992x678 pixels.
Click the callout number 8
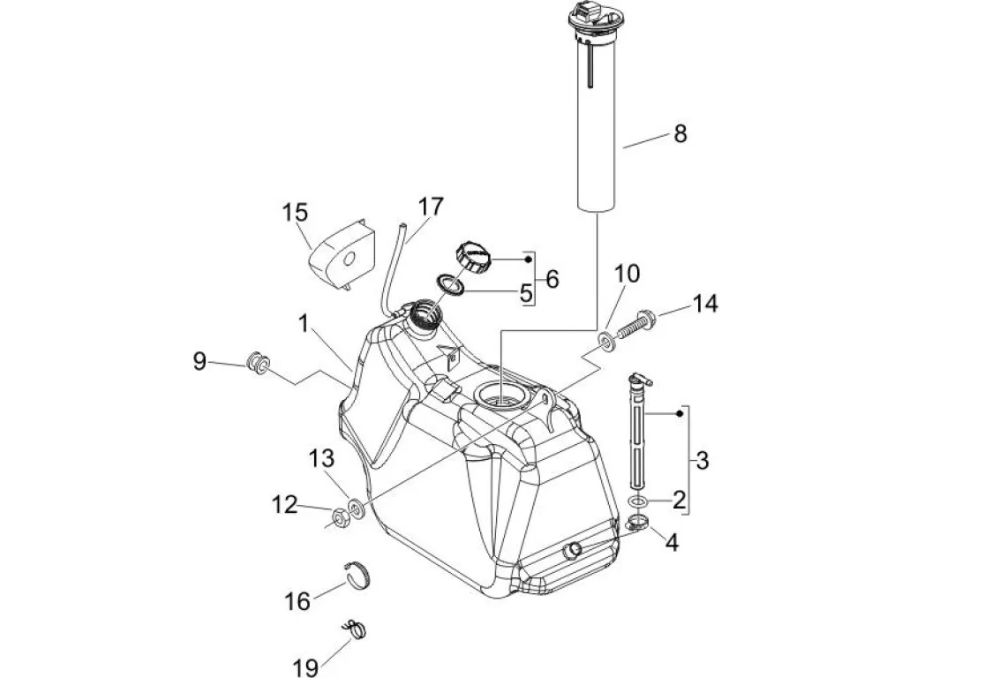(680, 133)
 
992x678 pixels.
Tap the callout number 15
(295, 213)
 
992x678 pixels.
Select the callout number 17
(431, 207)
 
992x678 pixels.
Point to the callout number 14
(705, 304)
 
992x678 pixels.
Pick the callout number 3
(702, 460)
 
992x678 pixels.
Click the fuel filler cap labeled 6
(472, 256)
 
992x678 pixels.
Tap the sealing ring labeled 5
(450, 285)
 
